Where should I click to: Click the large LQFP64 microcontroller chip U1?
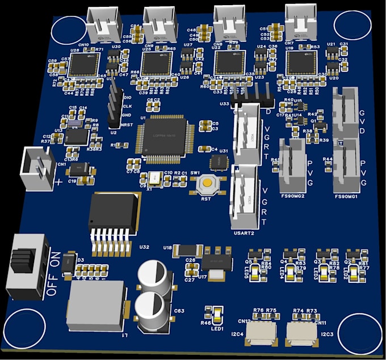click(x=160, y=135)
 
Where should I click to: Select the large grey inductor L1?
click(x=95, y=306)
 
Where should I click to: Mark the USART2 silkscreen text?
click(x=244, y=232)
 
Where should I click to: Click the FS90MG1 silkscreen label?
click(x=347, y=196)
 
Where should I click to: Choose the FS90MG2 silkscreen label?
click(x=292, y=196)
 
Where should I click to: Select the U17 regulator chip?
click(x=216, y=264)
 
